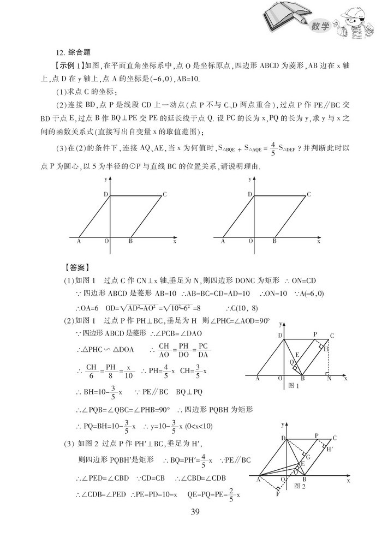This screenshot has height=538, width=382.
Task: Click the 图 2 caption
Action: coord(299,485)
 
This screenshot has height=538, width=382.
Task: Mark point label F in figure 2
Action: coord(277,494)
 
